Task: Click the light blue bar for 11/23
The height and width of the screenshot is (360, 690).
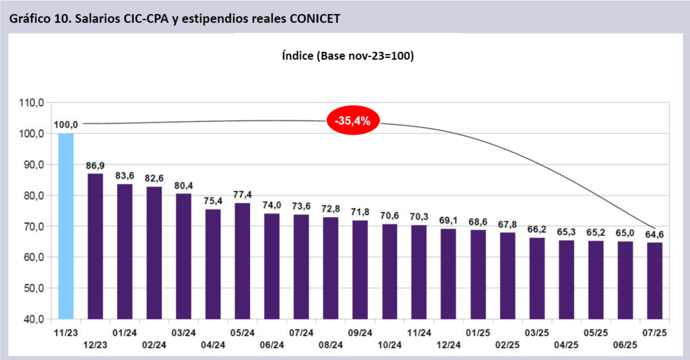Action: (66, 226)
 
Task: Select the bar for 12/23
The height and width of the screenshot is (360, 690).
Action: (96, 246)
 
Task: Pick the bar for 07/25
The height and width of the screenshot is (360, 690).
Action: (655, 280)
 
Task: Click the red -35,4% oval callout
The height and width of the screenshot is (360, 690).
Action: (353, 121)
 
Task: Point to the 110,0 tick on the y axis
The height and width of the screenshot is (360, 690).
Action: (32, 102)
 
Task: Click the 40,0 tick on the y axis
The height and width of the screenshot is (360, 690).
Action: (32, 319)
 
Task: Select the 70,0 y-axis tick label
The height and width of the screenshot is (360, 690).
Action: (32, 227)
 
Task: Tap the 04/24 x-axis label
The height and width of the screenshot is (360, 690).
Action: (214, 345)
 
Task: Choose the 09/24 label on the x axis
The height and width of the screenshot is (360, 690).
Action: (360, 333)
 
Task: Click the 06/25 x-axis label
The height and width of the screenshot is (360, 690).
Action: (625, 345)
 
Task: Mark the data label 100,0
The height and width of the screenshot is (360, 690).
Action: (66, 125)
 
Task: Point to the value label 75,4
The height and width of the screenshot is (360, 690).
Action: (214, 201)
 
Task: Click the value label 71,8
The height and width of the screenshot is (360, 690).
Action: (360, 212)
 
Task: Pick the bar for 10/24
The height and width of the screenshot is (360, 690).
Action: (390, 271)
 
